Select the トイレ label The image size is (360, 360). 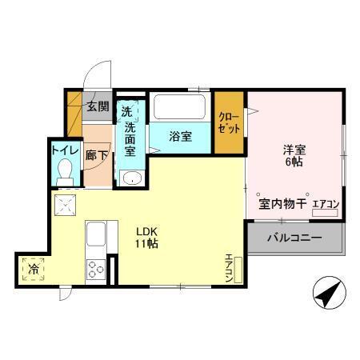tap(64, 149)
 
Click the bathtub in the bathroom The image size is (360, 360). tap(180, 107)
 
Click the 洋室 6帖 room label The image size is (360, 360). tap(294, 154)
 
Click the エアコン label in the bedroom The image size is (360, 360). tap(325, 205)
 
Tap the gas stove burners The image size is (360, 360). tap(97, 269)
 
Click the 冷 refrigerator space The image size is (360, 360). tap(34, 270)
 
